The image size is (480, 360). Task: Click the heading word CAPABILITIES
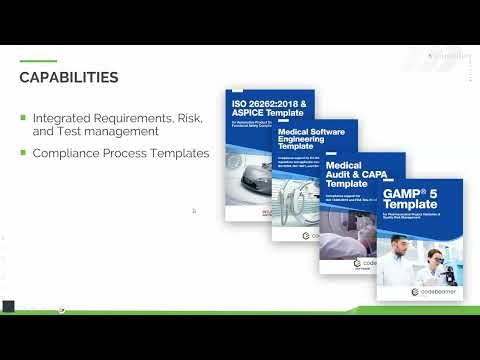tap(70, 77)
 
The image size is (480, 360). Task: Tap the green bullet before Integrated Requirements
tap(23, 117)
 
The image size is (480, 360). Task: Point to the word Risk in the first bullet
tap(187, 118)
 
